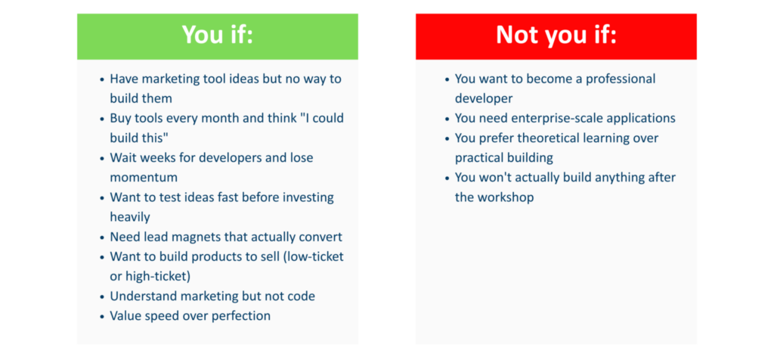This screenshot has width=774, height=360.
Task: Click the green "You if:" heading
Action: [x=217, y=36]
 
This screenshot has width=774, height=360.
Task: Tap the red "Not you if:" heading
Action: [x=556, y=36]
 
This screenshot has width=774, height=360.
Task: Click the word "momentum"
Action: [x=144, y=177]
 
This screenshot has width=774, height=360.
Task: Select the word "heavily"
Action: [x=130, y=217]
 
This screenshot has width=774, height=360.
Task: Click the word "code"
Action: [x=301, y=296]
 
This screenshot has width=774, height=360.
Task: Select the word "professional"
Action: [x=621, y=79]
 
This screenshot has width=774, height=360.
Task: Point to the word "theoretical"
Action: [x=556, y=138]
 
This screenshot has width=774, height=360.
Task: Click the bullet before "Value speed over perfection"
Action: [x=102, y=317]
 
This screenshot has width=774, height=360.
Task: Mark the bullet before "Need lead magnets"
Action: [x=102, y=237]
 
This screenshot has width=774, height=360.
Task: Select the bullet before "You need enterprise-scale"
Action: [x=447, y=119]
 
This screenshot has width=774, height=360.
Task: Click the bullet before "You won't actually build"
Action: [x=447, y=178]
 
